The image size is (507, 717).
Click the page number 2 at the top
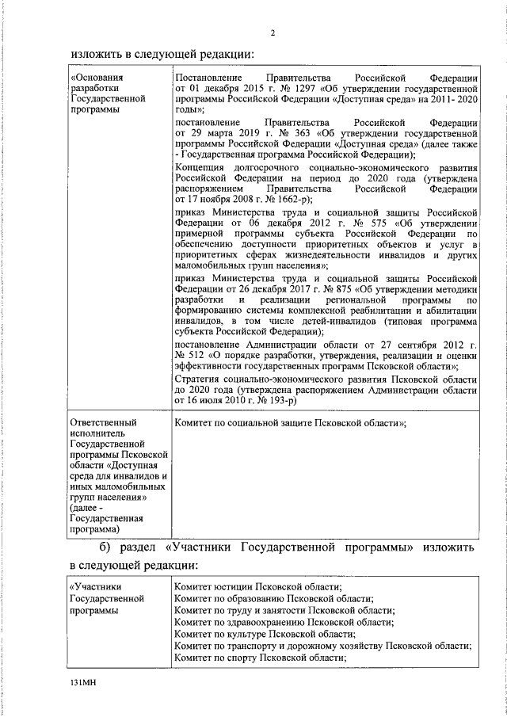[x=272, y=32]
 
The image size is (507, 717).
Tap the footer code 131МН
[x=82, y=681]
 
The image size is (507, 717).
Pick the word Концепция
[x=203, y=169]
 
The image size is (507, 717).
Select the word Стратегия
[x=203, y=379]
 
